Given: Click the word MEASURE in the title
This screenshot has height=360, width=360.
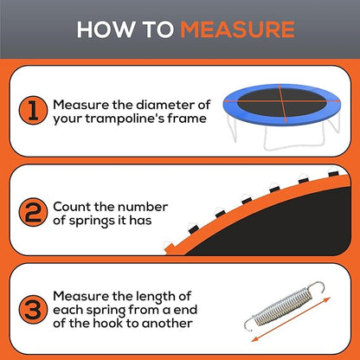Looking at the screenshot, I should (x=236, y=29).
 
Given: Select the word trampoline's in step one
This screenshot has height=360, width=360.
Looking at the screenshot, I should (x=124, y=119).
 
